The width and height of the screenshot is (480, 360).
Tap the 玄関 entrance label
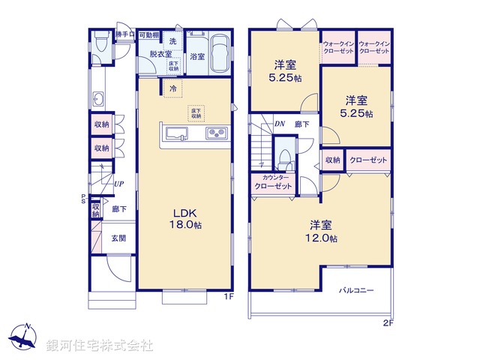[119, 238]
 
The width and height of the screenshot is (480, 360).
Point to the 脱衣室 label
[160, 54]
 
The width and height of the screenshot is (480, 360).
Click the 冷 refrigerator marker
[173, 89]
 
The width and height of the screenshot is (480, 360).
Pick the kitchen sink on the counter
[176, 134]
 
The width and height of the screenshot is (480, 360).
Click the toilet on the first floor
[100, 44]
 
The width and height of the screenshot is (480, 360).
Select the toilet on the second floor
[283, 159]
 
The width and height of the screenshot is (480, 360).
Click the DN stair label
[279, 124]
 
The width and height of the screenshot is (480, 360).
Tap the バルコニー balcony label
[355, 289]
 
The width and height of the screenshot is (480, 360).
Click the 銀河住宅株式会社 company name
[99, 346]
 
